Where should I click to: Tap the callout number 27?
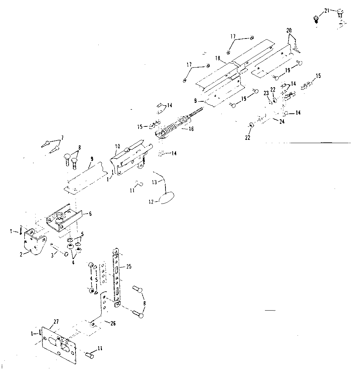click(56, 321)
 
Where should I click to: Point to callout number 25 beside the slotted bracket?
click(129, 267)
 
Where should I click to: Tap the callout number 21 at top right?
click(327, 11)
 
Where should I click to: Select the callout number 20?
click(289, 31)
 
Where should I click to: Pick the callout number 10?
click(117, 146)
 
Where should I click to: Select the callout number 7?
click(62, 137)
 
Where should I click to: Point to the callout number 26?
click(112, 323)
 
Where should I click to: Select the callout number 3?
click(52, 256)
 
